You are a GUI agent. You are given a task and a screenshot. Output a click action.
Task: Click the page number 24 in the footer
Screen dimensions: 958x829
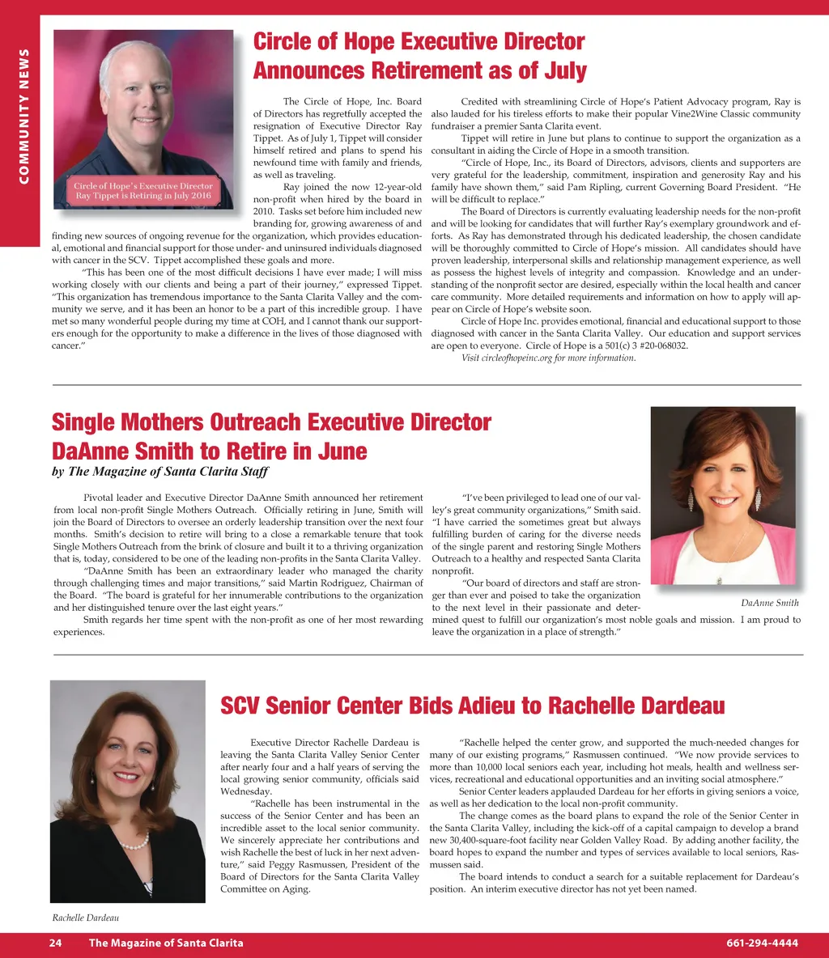[56, 943]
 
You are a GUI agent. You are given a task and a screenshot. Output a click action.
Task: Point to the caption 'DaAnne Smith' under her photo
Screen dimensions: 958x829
[769, 603]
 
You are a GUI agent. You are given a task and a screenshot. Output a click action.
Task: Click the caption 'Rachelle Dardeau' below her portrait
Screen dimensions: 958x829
[87, 917]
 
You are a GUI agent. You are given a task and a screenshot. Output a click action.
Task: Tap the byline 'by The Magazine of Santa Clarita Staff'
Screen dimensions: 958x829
[159, 472]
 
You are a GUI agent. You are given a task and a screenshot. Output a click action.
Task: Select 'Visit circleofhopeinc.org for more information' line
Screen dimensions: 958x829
[548, 358]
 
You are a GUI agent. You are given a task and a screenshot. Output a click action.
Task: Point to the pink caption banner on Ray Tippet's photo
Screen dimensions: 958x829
[143, 191]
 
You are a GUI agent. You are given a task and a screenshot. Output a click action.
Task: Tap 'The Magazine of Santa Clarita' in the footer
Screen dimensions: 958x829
[166, 943]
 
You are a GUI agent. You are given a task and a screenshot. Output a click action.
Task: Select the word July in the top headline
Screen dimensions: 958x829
[565, 71]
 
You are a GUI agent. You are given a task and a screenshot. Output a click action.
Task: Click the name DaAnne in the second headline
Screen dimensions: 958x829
[99, 451]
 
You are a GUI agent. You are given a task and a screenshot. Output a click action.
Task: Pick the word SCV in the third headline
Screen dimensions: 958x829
[240, 706]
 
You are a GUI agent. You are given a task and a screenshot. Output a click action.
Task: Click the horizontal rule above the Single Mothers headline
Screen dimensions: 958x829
[427, 385]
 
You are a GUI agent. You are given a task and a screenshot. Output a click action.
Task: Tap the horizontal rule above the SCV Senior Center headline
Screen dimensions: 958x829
[427, 655]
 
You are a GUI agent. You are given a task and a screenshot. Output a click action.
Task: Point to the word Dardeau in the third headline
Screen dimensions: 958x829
[677, 706]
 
